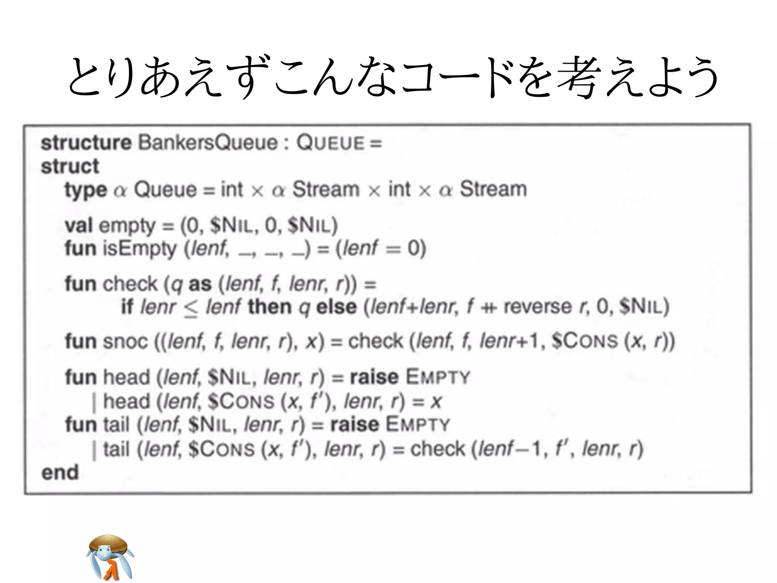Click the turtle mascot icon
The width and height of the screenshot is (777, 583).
click(x=110, y=557)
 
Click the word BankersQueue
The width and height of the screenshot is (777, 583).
click(x=208, y=143)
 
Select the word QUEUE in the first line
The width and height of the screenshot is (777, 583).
click(x=330, y=143)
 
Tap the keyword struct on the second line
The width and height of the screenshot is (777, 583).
click(x=70, y=166)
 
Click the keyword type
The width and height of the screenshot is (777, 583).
click(x=86, y=190)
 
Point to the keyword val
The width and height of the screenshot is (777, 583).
click(x=79, y=225)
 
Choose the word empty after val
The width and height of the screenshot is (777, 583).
click(x=127, y=226)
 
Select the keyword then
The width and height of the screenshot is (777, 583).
click(x=269, y=307)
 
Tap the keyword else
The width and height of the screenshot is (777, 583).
click(x=337, y=307)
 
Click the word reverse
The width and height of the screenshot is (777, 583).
click(x=537, y=307)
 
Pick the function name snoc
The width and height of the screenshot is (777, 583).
click(x=125, y=341)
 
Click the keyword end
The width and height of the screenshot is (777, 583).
click(x=60, y=473)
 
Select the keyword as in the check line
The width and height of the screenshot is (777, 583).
click(x=200, y=284)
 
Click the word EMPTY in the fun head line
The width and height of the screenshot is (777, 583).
click(x=438, y=377)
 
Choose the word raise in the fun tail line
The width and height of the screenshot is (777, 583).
click(x=354, y=424)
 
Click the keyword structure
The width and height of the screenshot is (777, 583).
click(x=86, y=143)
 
